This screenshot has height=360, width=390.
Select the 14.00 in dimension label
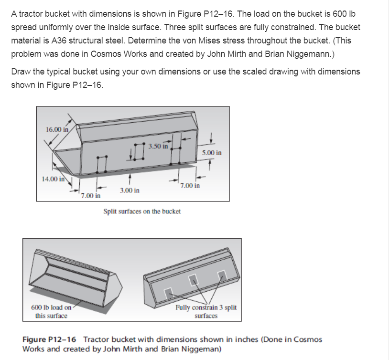pos(53,180)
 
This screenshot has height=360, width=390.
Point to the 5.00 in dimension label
pos(211,153)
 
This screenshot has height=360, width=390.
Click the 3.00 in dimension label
pos(130,191)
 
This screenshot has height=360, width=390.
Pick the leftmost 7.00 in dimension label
pos(91,196)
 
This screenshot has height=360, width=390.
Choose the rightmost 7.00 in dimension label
pos(190,185)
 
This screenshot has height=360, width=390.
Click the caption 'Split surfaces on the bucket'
pos(142,211)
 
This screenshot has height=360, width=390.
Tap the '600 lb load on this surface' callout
pos(51,312)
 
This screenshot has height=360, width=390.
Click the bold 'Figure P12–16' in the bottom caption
pos(50,339)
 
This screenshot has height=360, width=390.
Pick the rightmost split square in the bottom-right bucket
pos(221,274)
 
